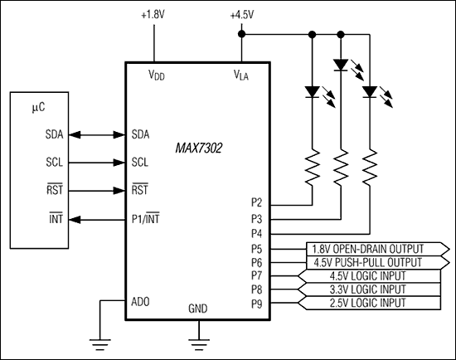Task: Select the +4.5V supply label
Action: [241, 16]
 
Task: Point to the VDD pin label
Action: [156, 75]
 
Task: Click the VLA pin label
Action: [241, 75]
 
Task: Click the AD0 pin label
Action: [142, 301]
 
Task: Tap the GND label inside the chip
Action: [199, 307]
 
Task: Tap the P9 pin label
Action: [257, 302]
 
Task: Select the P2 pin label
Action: [257, 202]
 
